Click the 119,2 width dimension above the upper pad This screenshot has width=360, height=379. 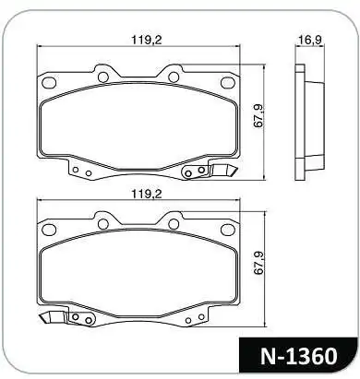click(x=140, y=40)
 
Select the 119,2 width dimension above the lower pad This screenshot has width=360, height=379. click(x=140, y=195)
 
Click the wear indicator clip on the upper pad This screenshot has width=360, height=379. click(x=222, y=171)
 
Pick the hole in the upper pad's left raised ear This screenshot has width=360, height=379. click(x=103, y=76)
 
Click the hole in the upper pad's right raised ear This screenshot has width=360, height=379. click(x=174, y=76)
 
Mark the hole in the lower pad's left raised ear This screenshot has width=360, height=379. click(x=103, y=222)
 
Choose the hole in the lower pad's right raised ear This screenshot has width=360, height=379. click(x=174, y=222)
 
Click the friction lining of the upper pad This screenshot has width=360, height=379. click(x=138, y=124)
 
